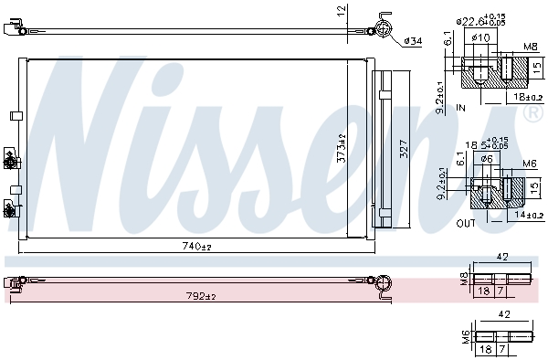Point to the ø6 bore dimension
(487, 158)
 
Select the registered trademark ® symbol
(532, 112)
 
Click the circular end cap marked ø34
(383, 30)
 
